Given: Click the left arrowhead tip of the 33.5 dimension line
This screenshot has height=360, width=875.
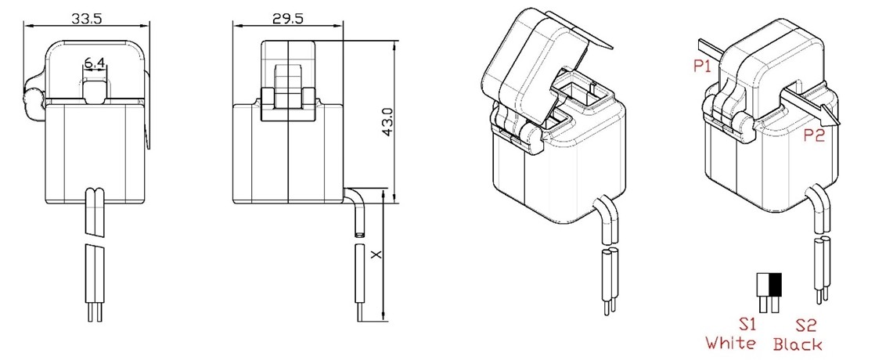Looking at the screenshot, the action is click(23, 25).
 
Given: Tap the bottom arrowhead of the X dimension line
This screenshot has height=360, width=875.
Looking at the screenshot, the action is click(384, 322).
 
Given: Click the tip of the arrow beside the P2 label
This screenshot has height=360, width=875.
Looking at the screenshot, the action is click(839, 124).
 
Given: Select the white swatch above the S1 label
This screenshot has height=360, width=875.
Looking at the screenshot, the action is click(763, 285).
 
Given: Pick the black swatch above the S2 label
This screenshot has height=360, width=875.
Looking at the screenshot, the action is click(775, 285).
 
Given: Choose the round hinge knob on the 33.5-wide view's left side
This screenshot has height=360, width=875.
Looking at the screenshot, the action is click(33, 100).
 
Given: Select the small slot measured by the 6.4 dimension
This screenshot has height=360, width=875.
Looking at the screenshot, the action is click(95, 91).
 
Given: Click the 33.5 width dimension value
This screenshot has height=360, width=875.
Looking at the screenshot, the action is click(87, 18).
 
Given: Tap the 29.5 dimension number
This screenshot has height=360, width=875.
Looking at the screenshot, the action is click(288, 18).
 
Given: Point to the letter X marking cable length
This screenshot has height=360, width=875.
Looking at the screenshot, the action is click(376, 254).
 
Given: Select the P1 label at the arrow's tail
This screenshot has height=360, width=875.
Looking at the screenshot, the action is click(703, 66).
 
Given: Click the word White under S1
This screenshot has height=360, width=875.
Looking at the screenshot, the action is click(730, 343).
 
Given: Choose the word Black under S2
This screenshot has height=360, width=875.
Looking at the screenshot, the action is click(798, 344).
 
